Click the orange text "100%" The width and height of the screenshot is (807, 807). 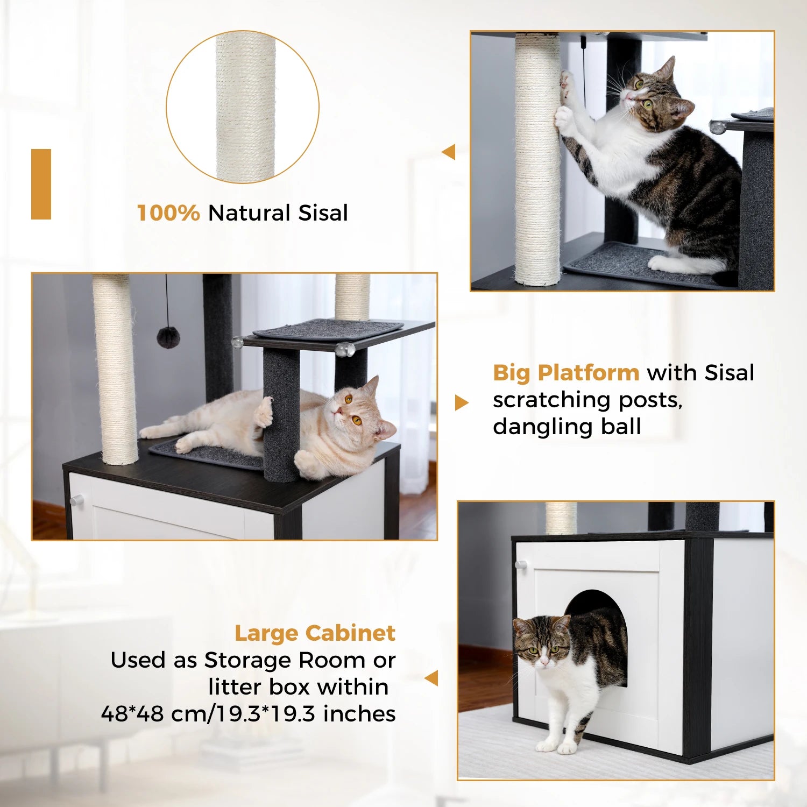(x=168, y=213)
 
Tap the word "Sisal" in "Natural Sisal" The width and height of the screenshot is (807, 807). (x=323, y=213)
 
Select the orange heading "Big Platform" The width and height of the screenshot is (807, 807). (x=565, y=373)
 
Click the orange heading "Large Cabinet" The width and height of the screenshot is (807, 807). (x=315, y=633)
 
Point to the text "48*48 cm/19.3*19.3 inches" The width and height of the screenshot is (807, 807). (x=248, y=714)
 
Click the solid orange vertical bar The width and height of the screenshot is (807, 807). (x=41, y=184)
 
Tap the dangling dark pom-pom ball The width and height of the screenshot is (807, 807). (x=168, y=337)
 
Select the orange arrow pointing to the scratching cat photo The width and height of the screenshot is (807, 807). (x=449, y=152)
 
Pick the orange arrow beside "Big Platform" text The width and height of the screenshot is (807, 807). (x=461, y=402)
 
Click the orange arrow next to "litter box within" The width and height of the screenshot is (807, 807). (x=431, y=678)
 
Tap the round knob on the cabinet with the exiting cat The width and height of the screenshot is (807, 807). (x=520, y=565)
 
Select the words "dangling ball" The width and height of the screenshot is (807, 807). (x=567, y=427)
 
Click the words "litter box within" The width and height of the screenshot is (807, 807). (x=298, y=687)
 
